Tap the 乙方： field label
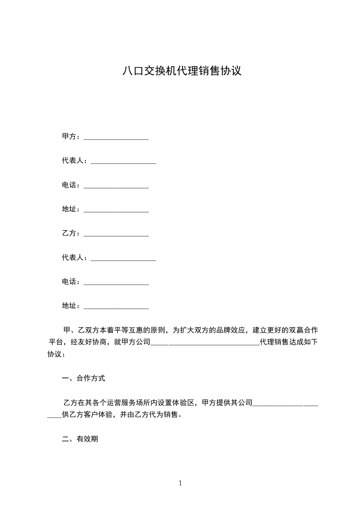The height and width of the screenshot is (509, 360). tap(71, 233)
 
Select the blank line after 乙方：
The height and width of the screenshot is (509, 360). tap(116, 235)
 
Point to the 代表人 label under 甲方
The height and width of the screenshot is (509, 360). tap(74, 161)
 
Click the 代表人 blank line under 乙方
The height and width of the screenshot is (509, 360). tap(123, 259)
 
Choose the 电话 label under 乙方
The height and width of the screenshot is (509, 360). tap(71, 282)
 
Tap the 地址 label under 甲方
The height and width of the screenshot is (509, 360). tap(71, 209)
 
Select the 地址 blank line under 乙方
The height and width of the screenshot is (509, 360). tap(116, 308)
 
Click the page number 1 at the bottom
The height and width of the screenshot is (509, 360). tap(180, 483)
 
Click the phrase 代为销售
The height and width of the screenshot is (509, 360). tap(163, 415)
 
